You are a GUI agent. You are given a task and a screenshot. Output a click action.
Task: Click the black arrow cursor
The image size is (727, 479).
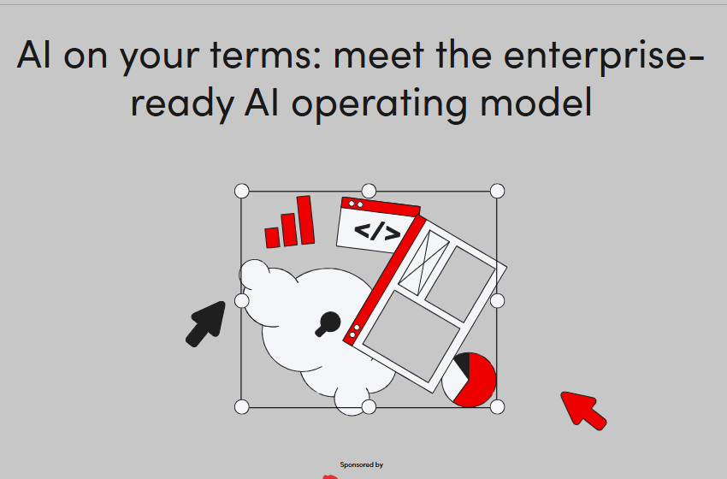[206, 323]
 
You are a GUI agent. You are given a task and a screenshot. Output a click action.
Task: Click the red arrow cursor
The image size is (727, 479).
[583, 409]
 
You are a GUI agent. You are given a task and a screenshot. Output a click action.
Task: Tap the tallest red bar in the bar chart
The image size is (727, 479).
[305, 221]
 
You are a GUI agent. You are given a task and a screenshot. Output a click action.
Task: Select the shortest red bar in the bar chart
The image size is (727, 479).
[273, 237]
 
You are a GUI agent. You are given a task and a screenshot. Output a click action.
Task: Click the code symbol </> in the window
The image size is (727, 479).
[376, 231]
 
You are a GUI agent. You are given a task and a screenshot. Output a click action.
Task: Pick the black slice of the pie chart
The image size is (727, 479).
[461, 365]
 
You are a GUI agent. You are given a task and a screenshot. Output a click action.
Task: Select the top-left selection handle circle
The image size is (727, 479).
[241, 191]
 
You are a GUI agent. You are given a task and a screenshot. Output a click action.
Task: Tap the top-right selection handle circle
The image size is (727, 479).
[497, 191]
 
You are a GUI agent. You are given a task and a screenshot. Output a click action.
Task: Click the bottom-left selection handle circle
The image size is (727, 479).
[241, 406]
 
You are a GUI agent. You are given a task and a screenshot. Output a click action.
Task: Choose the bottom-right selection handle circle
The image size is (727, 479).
[497, 406]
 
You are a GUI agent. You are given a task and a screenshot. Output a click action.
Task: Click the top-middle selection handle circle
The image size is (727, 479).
[369, 190]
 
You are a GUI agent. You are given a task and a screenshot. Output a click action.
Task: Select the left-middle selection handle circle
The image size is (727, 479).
[241, 300]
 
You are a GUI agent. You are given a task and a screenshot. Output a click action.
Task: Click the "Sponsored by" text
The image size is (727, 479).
[361, 464]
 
